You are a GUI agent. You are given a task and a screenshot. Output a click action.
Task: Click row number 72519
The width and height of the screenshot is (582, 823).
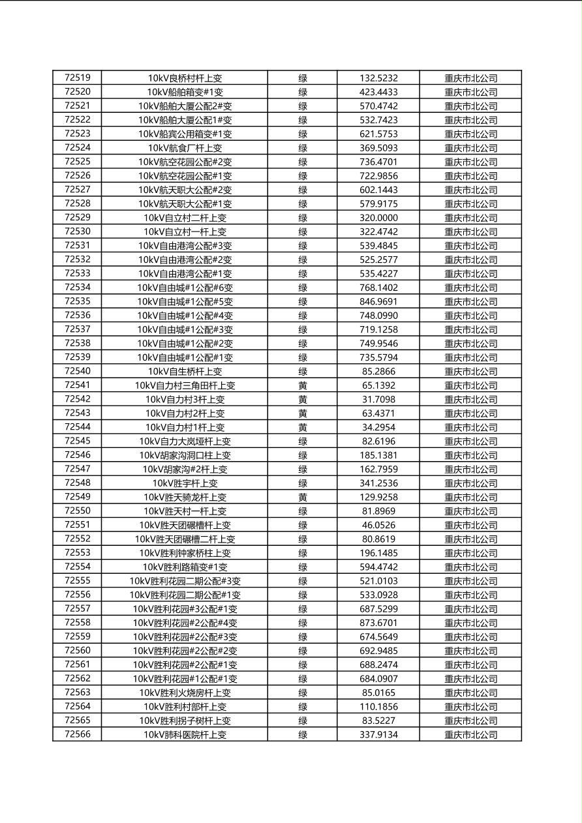pyautogui.click(x=78, y=78)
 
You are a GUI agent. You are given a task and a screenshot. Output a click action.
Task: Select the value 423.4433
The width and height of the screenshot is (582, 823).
pyautogui.click(x=378, y=92)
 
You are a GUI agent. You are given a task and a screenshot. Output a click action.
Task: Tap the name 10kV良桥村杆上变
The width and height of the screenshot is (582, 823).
pyautogui.click(x=185, y=78)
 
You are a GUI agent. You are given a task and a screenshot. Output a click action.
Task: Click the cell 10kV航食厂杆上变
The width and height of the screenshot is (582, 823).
pyautogui.click(x=185, y=148)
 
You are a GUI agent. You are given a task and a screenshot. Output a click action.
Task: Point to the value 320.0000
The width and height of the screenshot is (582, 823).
pyautogui.click(x=378, y=218)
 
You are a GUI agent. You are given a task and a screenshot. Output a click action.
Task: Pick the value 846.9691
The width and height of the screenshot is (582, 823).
pyautogui.click(x=378, y=301)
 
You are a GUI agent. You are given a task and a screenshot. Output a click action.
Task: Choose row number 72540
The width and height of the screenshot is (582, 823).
pyautogui.click(x=78, y=371)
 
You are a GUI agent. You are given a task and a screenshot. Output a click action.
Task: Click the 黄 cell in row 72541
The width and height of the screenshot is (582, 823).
pyautogui.click(x=303, y=385)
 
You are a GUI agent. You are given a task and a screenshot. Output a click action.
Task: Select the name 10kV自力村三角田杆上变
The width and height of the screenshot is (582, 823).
pyautogui.click(x=185, y=385)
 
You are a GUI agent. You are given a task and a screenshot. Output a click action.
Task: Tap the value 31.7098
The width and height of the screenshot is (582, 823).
pyautogui.click(x=378, y=399)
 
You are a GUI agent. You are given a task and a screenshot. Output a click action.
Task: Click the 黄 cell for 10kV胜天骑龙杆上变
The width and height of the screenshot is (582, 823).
pyautogui.click(x=303, y=497)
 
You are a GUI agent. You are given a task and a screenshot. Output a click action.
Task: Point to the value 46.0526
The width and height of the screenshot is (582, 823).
pyautogui.click(x=378, y=525)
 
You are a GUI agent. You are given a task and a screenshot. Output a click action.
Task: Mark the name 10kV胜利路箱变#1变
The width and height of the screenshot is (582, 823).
pyautogui.click(x=185, y=567)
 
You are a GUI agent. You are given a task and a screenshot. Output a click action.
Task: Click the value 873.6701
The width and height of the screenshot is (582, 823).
pyautogui.click(x=378, y=623)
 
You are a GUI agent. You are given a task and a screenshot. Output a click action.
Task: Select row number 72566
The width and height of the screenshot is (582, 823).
pyautogui.click(x=78, y=734)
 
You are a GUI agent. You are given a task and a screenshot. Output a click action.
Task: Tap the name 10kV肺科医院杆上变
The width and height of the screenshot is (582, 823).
pyautogui.click(x=185, y=734)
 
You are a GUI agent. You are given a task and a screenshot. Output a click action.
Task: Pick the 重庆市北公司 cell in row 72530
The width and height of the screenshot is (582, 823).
pyautogui.click(x=470, y=232)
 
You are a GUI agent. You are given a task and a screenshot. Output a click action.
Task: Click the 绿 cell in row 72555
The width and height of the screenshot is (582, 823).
pyautogui.click(x=303, y=581)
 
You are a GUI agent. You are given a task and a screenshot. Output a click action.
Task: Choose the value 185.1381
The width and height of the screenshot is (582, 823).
pyautogui.click(x=378, y=455)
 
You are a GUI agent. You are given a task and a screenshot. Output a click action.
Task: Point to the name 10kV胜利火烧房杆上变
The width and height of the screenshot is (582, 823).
pyautogui.click(x=185, y=693)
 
